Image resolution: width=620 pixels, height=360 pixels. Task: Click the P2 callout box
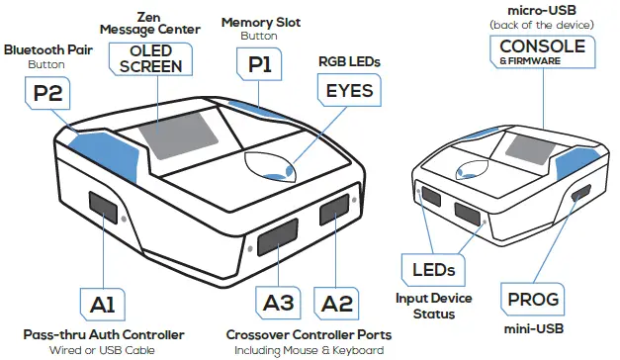coord(46,95)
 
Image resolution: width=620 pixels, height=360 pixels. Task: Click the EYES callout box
coord(349,92)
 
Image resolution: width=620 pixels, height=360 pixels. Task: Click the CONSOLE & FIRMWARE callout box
coord(542,51)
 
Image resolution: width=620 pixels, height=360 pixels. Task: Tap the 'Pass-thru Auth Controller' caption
coord(104,334)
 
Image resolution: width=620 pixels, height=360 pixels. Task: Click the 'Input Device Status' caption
coord(436,306)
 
